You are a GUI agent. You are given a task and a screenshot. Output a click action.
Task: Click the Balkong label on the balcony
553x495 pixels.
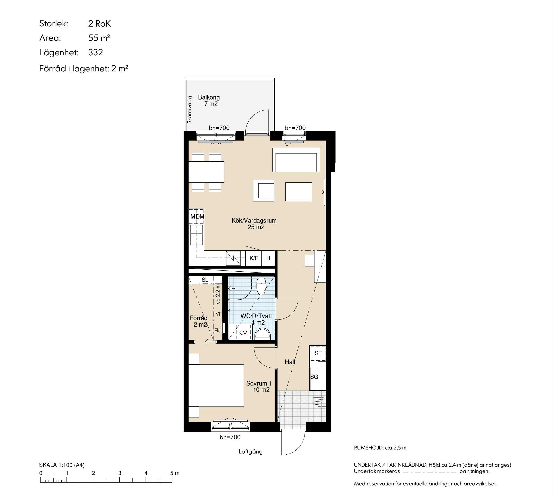pos(209,97)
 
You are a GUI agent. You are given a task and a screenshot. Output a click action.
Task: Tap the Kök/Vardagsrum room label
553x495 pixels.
pos(254,220)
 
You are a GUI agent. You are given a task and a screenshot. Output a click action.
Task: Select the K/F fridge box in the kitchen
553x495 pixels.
pos(254,258)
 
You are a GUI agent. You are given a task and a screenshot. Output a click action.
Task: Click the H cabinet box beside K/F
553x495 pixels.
pos(268,258)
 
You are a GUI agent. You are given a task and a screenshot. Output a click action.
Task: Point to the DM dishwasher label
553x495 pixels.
pos(200,217)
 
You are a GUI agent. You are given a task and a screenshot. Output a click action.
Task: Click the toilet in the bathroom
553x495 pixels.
pos(261,286)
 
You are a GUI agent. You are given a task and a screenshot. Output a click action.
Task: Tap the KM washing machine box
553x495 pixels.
pos(243,333)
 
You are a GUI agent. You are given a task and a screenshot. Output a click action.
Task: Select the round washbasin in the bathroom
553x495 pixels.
pos(263,333)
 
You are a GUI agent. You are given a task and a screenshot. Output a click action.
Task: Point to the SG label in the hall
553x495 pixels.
pos(314,377)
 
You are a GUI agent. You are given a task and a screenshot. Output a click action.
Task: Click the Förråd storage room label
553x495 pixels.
pos(199,318)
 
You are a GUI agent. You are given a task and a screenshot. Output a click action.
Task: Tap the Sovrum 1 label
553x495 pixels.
pos(259,383)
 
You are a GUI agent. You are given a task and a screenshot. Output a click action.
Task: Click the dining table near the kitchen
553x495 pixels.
pos(206,172)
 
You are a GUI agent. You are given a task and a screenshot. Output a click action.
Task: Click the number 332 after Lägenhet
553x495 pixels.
pos(96,52)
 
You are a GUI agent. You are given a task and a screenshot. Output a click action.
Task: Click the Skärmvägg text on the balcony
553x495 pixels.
pos(189,110)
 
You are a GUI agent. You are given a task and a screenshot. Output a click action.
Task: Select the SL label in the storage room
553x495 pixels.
pos(205,280)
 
